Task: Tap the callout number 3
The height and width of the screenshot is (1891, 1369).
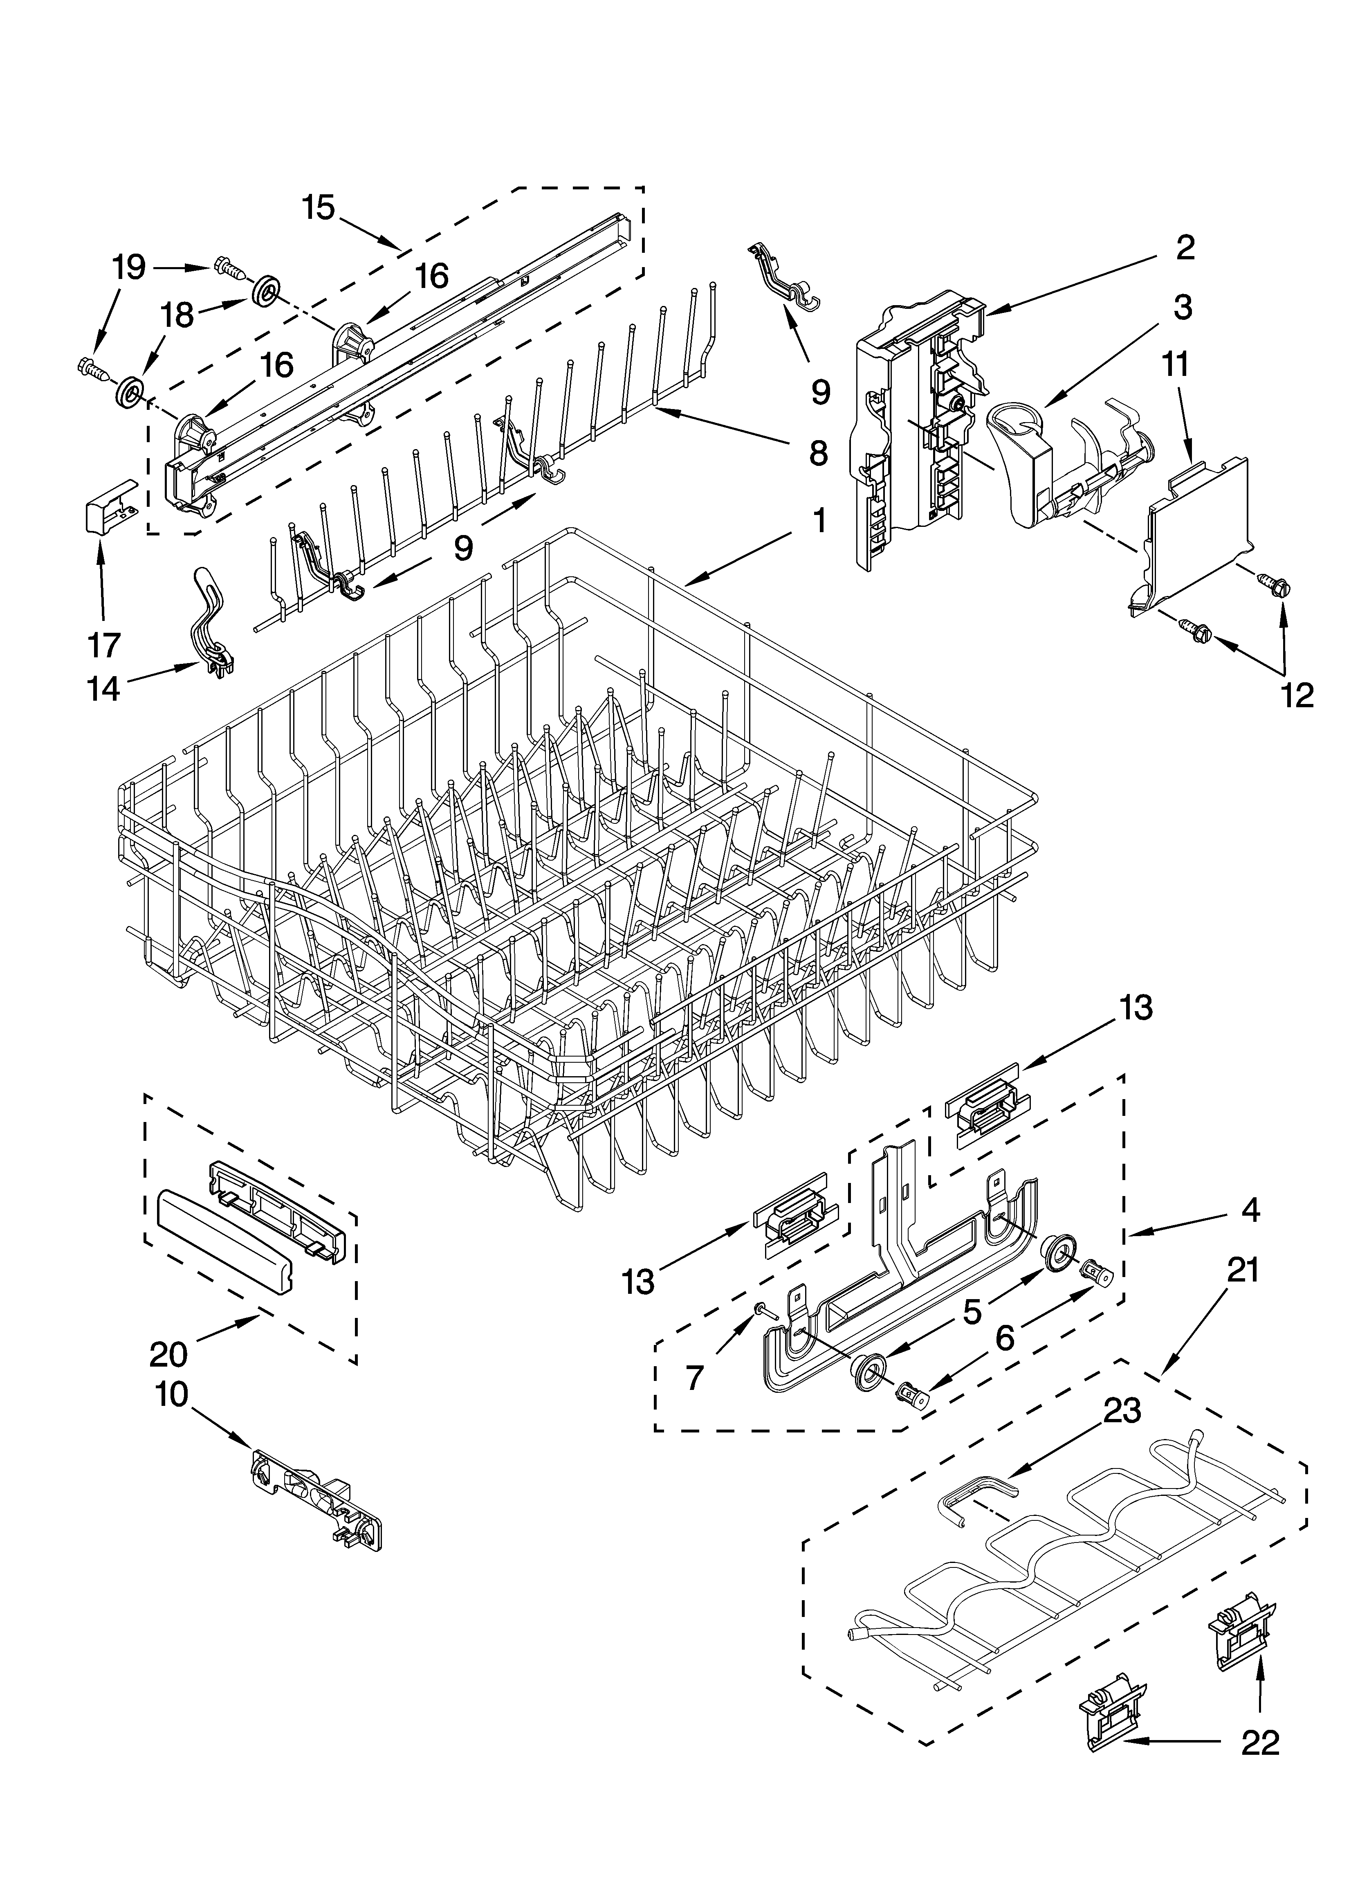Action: pyautogui.click(x=1182, y=308)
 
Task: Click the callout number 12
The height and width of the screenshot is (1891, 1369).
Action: pyautogui.click(x=1297, y=695)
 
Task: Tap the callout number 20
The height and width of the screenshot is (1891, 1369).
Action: pyautogui.click(x=168, y=1354)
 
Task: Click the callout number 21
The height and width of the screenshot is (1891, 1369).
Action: pyautogui.click(x=1242, y=1270)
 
